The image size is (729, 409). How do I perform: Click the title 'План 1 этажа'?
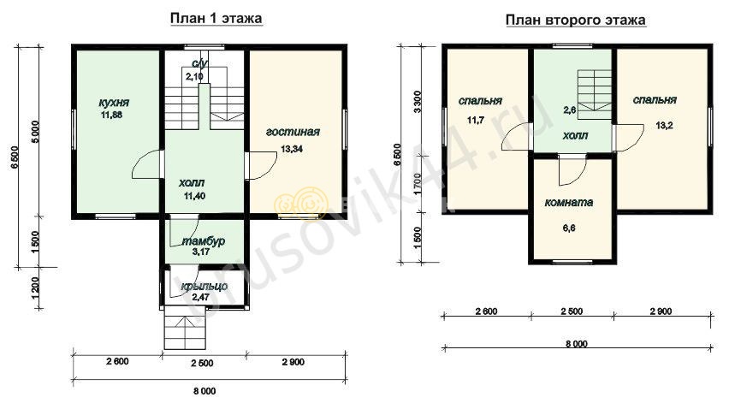tap(216, 19)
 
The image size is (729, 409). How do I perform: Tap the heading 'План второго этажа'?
tap(576, 21)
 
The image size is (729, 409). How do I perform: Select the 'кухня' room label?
tap(114, 103)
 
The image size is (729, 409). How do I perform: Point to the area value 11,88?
tap(111, 115)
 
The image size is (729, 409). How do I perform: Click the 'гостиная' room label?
tap(293, 132)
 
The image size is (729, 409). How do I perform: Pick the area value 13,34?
tap(292, 149)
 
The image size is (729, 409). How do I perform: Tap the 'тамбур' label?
tap(203, 241)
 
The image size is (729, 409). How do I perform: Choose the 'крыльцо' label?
tap(204, 287)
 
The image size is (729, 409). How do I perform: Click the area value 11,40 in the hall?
tap(194, 196)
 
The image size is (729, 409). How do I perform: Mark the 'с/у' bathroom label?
tap(199, 64)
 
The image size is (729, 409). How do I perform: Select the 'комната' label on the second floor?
tap(569, 203)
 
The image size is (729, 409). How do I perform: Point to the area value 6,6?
tap(569, 228)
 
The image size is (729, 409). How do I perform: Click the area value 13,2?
tap(664, 126)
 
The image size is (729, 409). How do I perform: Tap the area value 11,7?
tap(476, 120)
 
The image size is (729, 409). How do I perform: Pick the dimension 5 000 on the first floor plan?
tap(36, 133)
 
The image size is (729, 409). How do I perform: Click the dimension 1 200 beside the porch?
tap(36, 288)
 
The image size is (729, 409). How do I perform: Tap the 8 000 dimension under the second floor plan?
tap(577, 344)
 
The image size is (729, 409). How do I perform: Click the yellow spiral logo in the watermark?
tap(301, 204)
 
